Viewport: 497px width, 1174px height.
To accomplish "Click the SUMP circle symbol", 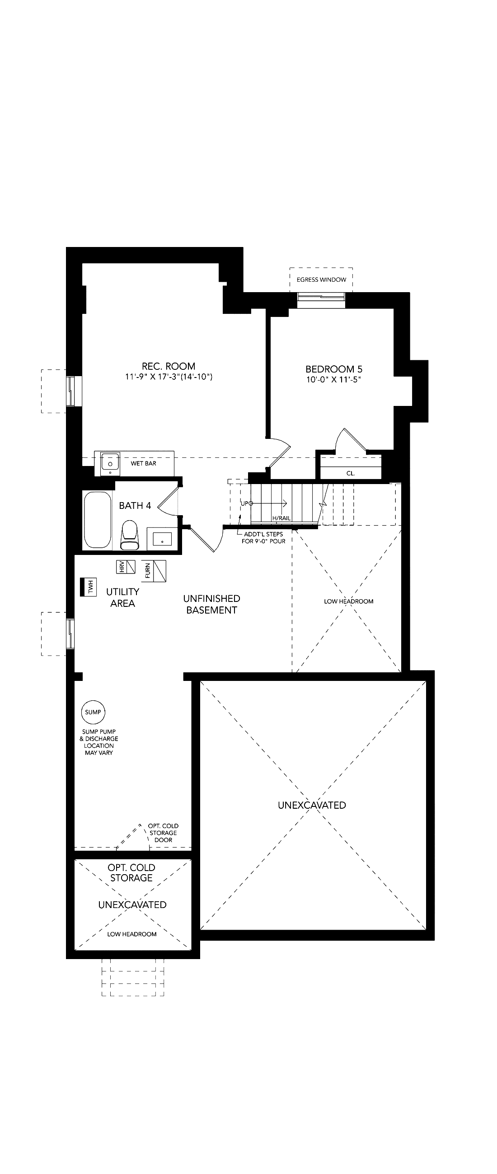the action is click(x=93, y=712).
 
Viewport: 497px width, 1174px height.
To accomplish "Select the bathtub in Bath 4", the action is click(x=98, y=520).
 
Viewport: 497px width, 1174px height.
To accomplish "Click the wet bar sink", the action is click(x=110, y=464).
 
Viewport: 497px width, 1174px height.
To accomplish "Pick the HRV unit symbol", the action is click(x=127, y=567).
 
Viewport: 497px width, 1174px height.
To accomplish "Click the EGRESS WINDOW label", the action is click(x=321, y=280).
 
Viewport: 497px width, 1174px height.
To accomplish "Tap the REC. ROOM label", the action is click(x=169, y=366).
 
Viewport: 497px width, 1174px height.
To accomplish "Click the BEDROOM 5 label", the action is click(x=334, y=369).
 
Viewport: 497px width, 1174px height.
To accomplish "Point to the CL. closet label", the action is click(x=351, y=473).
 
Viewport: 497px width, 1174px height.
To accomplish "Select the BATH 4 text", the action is click(x=135, y=505).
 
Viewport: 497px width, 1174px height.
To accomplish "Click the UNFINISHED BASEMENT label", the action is click(x=211, y=604).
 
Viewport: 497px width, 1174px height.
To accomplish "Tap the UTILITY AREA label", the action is click(x=122, y=597).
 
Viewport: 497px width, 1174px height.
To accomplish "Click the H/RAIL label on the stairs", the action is click(x=281, y=518).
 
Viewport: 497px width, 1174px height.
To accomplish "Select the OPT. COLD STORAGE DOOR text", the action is click(x=163, y=833).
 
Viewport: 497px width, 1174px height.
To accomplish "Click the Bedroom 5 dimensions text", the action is click(x=334, y=380).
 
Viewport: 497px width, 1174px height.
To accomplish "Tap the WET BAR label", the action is click(x=144, y=463).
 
